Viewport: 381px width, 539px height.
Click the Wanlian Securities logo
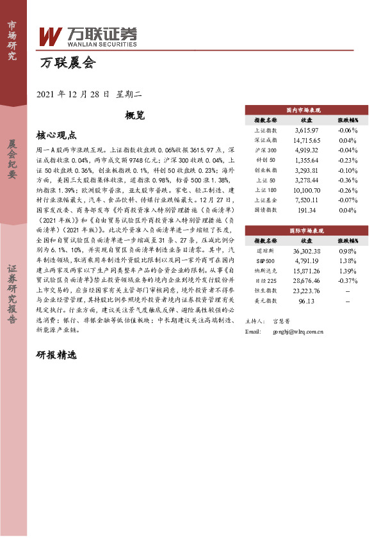[x=88, y=37]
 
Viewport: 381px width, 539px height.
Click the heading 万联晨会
[x=67, y=63]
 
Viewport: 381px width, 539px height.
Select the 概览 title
[x=135, y=116]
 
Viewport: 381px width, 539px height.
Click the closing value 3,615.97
[x=306, y=130]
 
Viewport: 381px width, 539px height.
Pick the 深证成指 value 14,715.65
[x=306, y=140]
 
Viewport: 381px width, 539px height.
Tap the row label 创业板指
[x=265, y=170]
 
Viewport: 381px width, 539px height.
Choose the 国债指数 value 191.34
[x=306, y=210]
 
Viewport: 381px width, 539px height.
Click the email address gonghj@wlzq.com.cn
[x=298, y=332]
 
